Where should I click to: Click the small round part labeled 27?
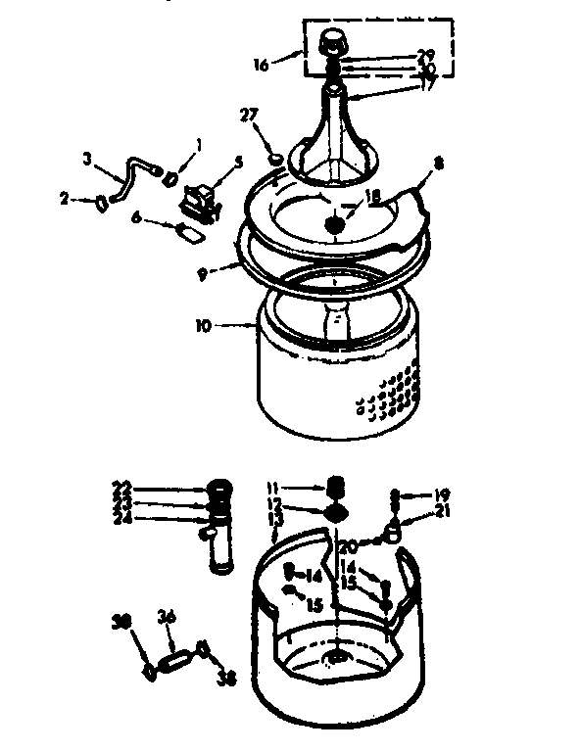pos(276,157)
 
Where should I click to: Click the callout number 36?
pos(166,617)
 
